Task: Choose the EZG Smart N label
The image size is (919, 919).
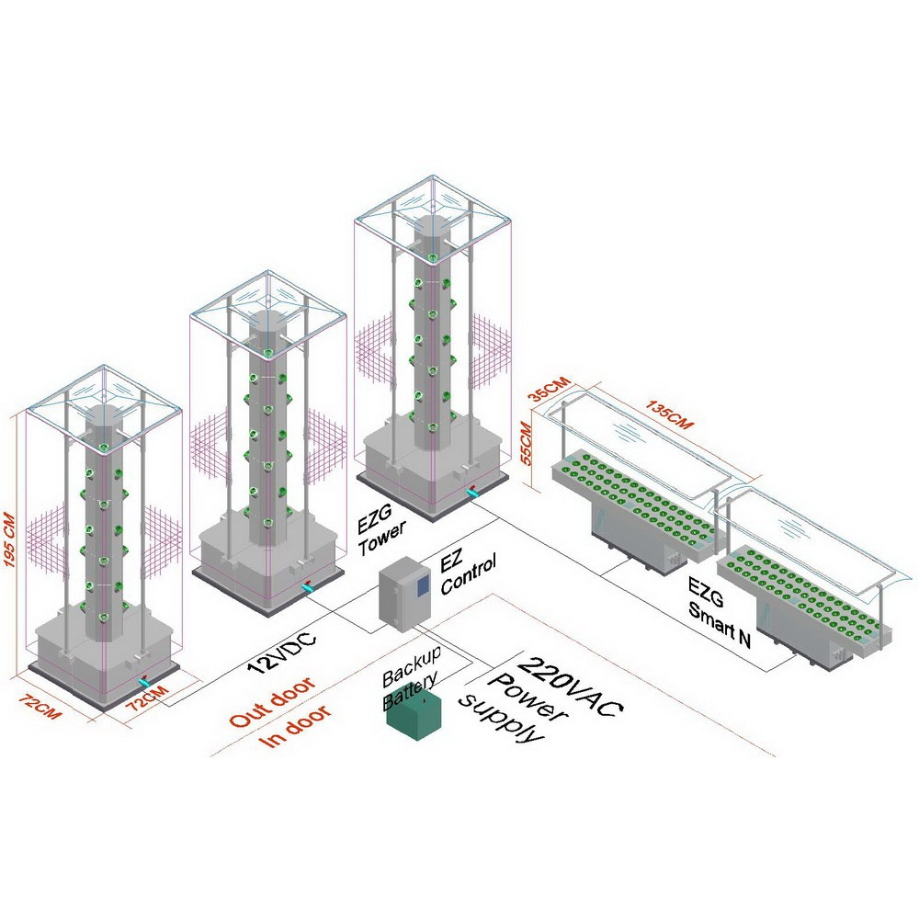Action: pos(722,611)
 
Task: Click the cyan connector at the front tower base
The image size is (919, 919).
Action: pos(144,684)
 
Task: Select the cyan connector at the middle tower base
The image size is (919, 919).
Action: pos(308,585)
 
